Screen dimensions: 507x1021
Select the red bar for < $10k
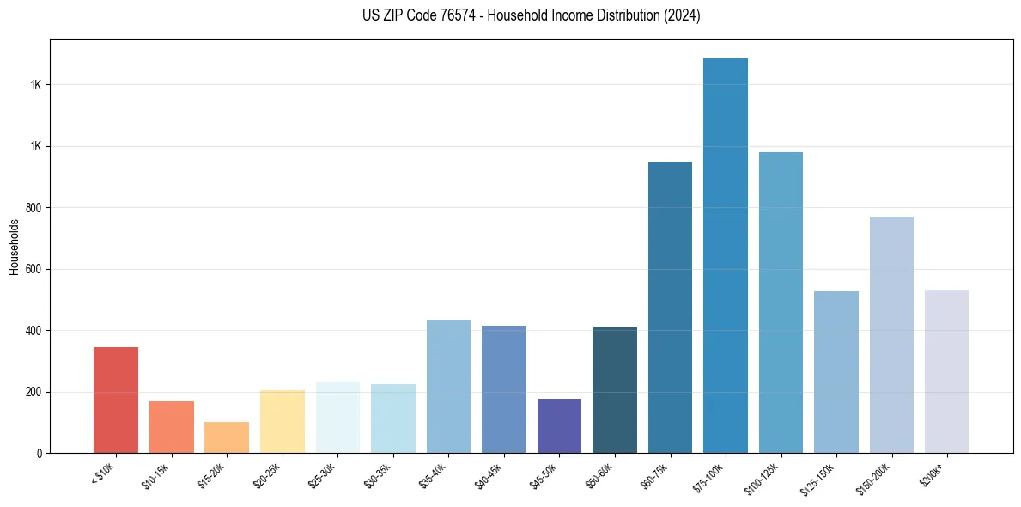(x=116, y=400)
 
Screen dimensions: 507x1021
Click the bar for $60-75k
(x=670, y=307)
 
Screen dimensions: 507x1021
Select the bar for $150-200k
(x=891, y=334)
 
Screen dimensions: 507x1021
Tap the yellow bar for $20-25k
(x=283, y=421)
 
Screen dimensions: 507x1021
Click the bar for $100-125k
(x=781, y=302)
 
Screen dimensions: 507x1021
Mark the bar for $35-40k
(x=448, y=386)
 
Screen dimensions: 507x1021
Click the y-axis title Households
(x=15, y=247)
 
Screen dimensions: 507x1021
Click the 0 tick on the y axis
(x=40, y=453)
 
